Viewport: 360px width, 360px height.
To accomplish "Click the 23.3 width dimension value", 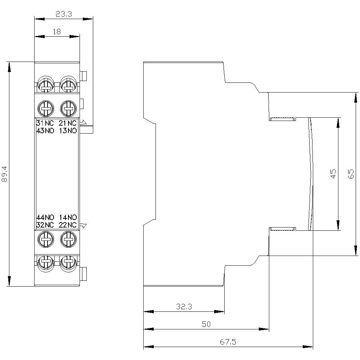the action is [64, 14].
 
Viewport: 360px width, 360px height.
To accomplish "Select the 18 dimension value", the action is [57, 31].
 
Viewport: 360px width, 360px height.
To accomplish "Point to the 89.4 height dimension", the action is [5, 174].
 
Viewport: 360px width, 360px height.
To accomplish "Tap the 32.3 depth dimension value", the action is [184, 306].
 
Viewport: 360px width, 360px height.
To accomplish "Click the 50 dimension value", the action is [206, 324].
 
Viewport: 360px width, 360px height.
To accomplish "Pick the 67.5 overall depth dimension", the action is [228, 342].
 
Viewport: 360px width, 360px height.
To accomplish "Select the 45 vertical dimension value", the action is [333, 174].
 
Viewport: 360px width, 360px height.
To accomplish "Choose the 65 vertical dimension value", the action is [351, 174].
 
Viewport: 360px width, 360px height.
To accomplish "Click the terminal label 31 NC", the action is [45, 123].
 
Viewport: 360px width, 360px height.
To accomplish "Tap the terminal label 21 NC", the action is [68, 123].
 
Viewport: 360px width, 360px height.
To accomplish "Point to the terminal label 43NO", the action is [45, 131].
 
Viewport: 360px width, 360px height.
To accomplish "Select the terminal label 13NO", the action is [68, 131].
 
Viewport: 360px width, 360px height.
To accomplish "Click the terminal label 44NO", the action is [45, 217].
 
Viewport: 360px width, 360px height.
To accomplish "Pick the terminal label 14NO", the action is [68, 217].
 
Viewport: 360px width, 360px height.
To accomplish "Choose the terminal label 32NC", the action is [45, 225].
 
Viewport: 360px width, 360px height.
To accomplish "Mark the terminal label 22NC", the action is [68, 225].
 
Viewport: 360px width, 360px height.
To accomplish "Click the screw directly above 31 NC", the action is [46, 108].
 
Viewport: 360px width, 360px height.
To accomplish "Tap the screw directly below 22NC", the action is [68, 239].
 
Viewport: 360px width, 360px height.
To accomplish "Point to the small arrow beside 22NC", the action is [83, 225].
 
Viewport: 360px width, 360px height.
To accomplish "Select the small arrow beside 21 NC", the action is [83, 123].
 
